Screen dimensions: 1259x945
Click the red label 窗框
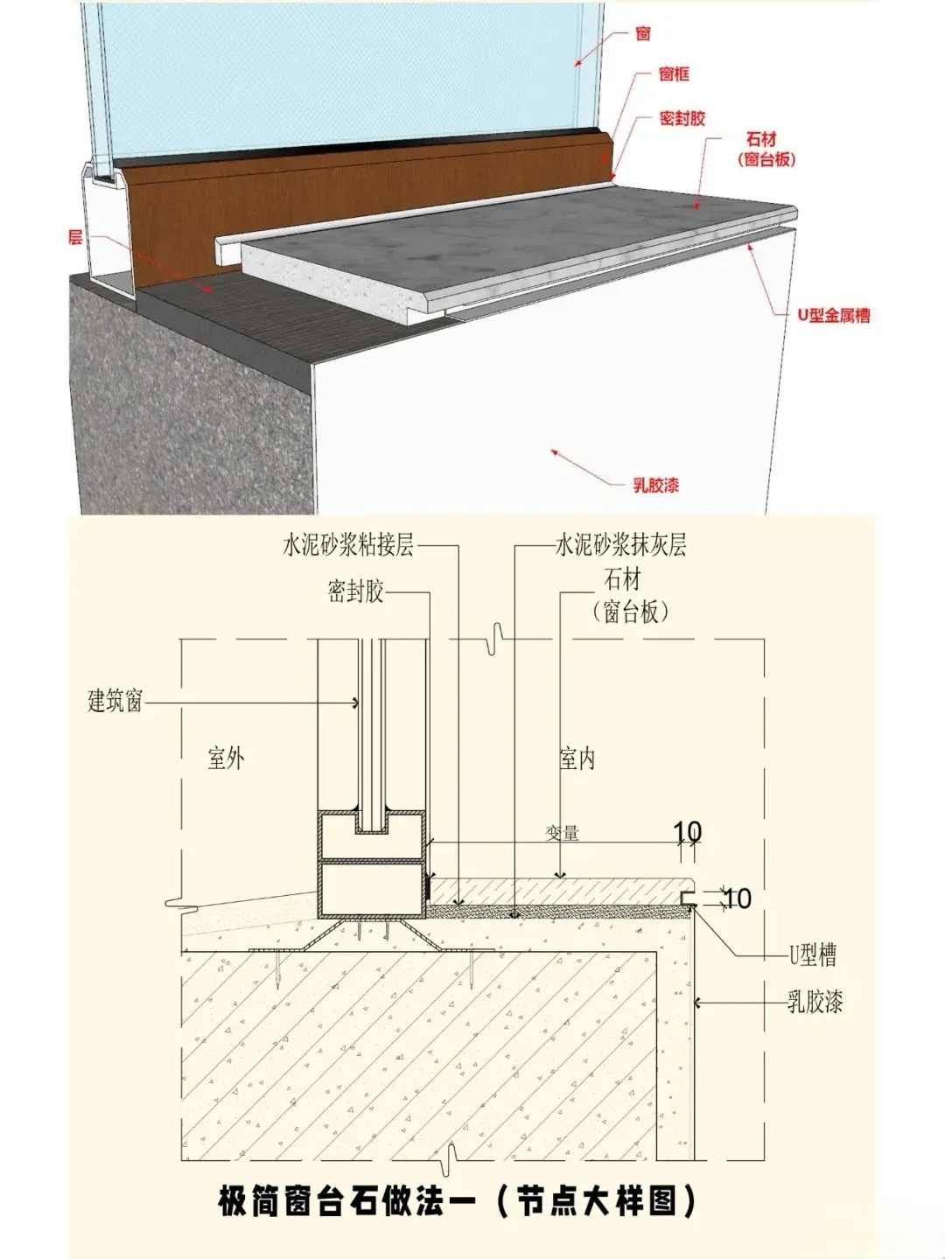click(x=674, y=74)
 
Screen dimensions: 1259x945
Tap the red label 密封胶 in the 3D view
click(x=682, y=119)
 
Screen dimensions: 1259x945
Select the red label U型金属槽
click(x=833, y=316)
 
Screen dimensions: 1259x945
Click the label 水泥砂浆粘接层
click(x=347, y=546)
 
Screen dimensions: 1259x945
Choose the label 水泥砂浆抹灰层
click(x=620, y=546)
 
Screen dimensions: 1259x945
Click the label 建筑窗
click(x=115, y=701)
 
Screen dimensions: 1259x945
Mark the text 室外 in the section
click(x=226, y=758)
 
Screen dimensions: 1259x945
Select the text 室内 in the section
click(x=577, y=758)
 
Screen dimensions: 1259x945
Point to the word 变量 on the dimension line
click(x=563, y=833)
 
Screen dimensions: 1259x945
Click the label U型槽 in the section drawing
click(x=813, y=955)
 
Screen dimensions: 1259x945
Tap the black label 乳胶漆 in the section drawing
click(x=815, y=1002)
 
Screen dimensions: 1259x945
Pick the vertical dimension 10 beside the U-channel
click(x=738, y=899)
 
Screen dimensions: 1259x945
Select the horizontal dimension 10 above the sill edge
click(x=688, y=831)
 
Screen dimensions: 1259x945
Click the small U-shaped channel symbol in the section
click(x=688, y=899)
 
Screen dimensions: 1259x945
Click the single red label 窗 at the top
click(x=643, y=34)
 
